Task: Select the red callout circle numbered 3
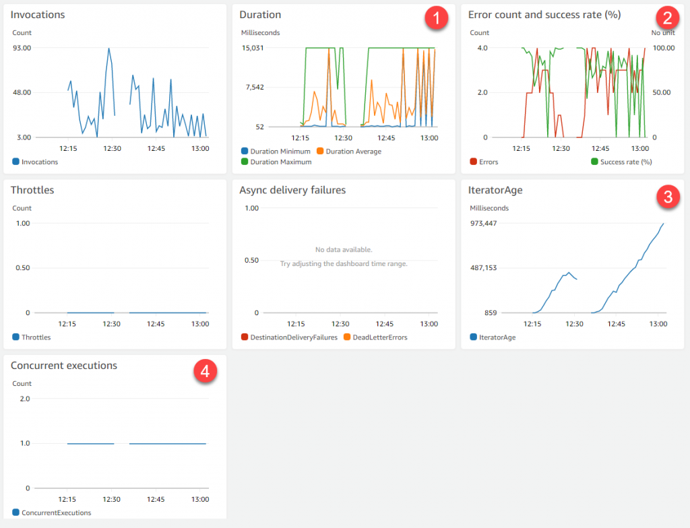tap(667, 197)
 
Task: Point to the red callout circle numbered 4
tap(205, 371)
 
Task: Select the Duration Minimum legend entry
tap(276, 152)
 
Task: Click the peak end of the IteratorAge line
tap(664, 224)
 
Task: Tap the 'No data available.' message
tap(344, 250)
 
